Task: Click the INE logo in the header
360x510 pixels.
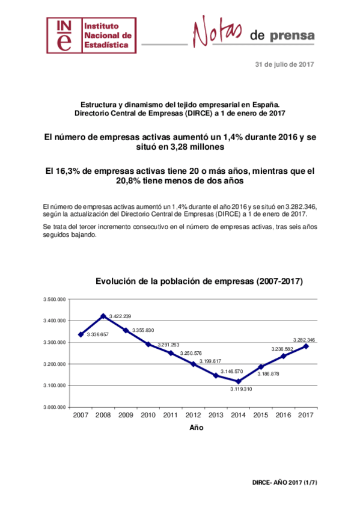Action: [x=91, y=35]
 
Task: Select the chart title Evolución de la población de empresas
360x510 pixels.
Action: [x=198, y=281]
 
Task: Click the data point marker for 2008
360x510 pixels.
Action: [x=103, y=316]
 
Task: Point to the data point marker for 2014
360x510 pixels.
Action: [x=239, y=381]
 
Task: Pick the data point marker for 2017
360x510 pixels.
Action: [x=307, y=346]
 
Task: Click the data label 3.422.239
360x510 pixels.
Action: [x=120, y=316]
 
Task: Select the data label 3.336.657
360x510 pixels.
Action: [x=97, y=334]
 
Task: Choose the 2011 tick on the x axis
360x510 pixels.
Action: [x=171, y=415]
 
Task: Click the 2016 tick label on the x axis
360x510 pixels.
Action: [x=284, y=415]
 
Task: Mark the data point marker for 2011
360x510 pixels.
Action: [x=171, y=353]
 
